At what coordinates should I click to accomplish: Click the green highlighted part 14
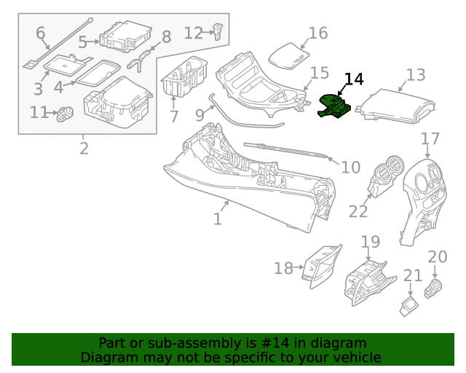334,106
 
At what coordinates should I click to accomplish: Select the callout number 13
416,74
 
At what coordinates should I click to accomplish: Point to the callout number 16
318,33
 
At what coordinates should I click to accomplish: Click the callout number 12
193,33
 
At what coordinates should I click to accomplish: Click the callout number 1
218,219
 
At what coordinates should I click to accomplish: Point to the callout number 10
350,168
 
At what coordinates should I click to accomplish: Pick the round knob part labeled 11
67,113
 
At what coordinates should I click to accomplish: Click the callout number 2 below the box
84,149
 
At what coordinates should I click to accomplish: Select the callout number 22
358,211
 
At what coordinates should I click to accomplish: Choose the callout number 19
370,241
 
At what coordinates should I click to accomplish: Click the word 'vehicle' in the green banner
356,357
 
